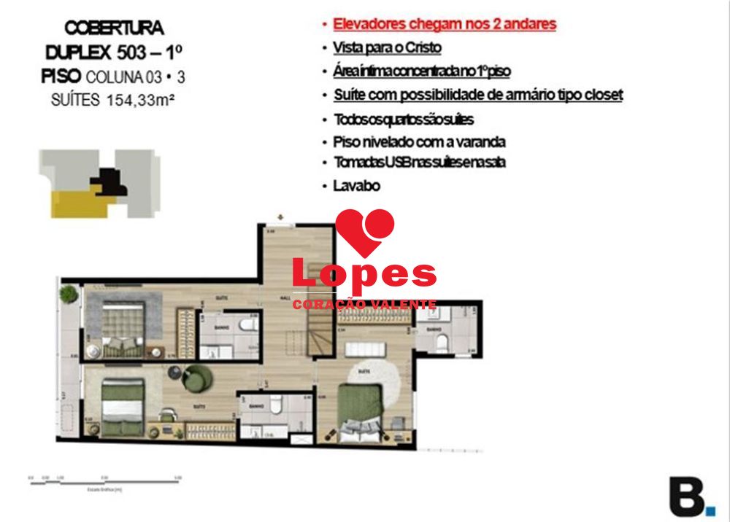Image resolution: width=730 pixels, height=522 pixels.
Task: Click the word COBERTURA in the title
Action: (x=114, y=28)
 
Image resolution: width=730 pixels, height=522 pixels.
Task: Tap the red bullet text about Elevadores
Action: (x=444, y=24)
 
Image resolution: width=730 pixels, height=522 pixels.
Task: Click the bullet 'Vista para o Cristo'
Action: (x=387, y=47)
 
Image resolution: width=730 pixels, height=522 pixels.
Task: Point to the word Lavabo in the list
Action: (x=357, y=186)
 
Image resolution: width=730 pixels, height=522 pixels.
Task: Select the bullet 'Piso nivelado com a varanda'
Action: (x=419, y=142)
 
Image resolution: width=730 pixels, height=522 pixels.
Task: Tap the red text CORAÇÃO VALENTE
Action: (x=364, y=305)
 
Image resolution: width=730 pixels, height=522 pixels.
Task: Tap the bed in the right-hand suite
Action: (x=359, y=408)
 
